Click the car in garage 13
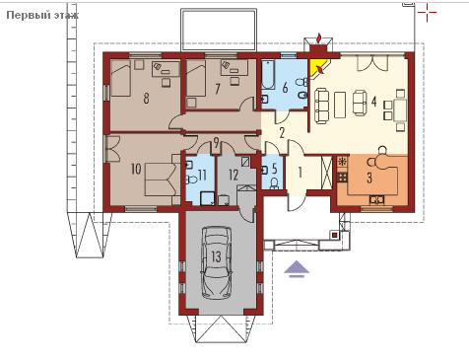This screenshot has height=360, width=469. coord(217,262)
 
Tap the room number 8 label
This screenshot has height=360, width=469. coord(146,98)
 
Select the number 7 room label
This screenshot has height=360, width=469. coord(217,89)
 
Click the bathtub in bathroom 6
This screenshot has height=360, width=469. coord(268,75)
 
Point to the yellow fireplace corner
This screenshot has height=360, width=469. coord(316,68)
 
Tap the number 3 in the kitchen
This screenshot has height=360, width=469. coord(369,178)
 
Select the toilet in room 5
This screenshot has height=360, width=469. coord(274,183)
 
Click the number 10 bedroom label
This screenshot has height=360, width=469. coord(136,169)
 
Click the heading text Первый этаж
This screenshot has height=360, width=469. coord(42,15)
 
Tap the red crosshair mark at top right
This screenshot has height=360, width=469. coord(427,13)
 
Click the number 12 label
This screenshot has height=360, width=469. coord(234,175)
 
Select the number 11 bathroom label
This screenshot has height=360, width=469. coord(202,175)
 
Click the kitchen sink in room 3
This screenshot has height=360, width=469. coord(376,199)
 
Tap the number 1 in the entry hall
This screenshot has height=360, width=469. coord(300,173)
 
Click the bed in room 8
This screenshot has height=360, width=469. coord(121,79)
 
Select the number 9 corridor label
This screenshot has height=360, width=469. coord(216,143)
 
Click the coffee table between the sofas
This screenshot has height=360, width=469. coord(340,105)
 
